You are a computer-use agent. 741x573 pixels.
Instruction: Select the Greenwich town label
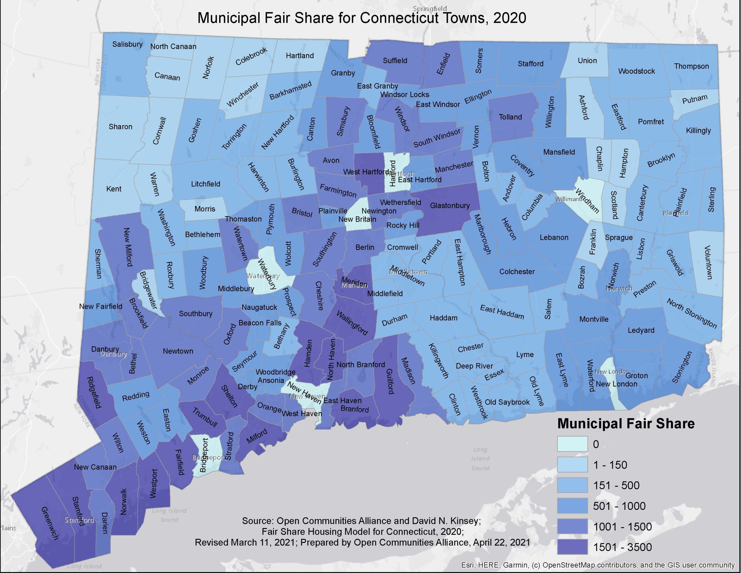coord(50,523)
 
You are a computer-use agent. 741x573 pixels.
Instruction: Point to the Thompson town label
coord(691,66)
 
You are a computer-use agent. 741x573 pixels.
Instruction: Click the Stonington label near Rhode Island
coord(682,367)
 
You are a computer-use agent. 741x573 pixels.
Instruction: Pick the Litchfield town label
coord(205,184)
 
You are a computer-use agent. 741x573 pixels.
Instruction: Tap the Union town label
coord(587,61)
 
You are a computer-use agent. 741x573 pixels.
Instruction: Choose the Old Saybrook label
coord(507,402)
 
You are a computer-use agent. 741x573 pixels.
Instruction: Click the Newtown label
coord(178,351)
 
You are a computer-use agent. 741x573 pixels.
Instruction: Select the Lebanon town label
coord(554,238)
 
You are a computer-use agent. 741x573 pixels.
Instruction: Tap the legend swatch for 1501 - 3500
coord(572,547)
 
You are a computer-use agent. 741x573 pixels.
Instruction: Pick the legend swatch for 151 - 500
coord(572,485)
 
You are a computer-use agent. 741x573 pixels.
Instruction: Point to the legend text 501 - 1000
coord(619,506)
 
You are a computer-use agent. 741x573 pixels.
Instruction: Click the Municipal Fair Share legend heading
coord(626,424)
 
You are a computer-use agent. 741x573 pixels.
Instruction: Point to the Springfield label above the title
coord(430,8)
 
